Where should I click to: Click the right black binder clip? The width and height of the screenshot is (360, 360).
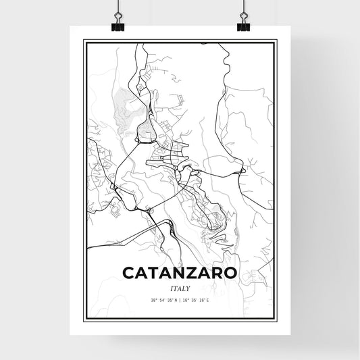point(242,26)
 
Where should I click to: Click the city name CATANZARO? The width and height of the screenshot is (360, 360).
point(180,273)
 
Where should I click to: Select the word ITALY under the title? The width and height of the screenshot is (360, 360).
point(180,287)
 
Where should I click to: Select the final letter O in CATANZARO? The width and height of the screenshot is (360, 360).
point(230,273)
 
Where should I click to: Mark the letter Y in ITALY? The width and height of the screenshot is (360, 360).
point(189,287)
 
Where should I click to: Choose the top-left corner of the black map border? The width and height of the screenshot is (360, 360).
point(84,41)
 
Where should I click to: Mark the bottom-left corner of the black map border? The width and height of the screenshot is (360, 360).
point(84,320)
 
